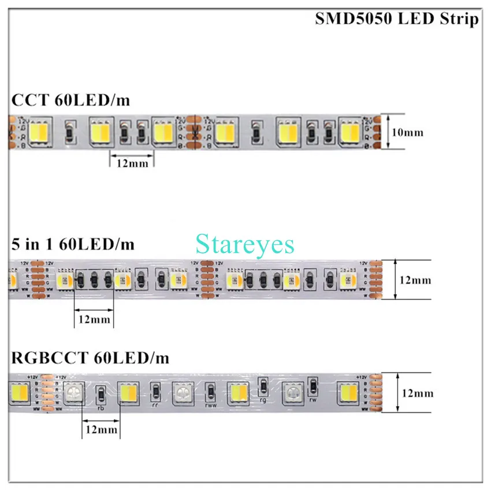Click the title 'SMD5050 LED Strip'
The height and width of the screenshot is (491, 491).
coord(396,19)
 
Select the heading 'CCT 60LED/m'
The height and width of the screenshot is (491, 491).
coord(70,101)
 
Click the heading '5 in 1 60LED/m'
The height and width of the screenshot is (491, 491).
coord(73,244)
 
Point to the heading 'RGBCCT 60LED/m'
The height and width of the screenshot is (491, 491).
coord(90,358)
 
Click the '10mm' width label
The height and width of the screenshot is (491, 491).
coord(408,132)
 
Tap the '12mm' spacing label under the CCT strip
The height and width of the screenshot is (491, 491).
coord(132,163)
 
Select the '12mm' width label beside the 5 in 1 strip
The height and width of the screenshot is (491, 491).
coord(415,280)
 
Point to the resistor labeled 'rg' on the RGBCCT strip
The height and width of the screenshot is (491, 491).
coord(263,386)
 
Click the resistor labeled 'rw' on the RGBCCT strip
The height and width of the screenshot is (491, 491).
coord(313,386)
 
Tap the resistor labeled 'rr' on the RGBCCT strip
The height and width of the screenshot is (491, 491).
coord(155,392)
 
